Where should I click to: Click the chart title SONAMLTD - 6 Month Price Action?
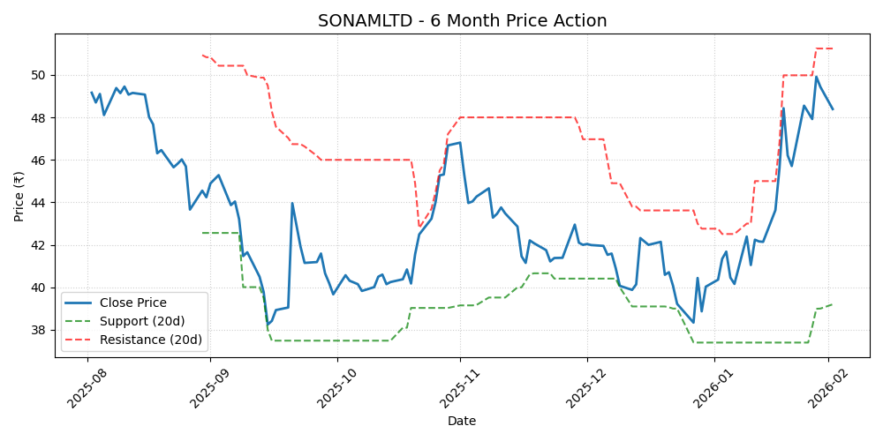462,20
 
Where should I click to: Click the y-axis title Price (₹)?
19,196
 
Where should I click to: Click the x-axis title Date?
462,421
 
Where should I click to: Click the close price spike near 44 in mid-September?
292,204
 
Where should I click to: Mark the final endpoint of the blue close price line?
833,109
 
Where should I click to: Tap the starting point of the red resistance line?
202,56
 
